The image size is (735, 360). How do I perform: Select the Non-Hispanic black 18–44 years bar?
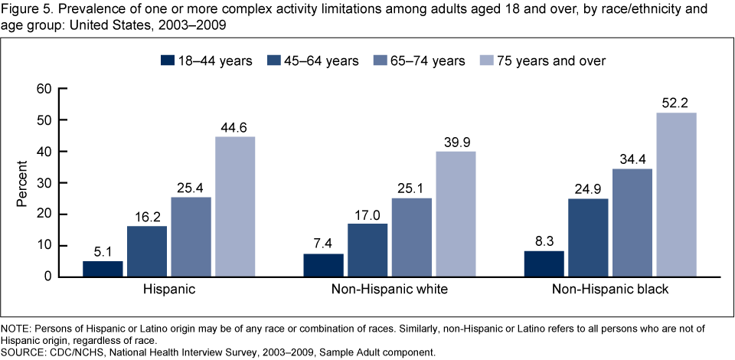point(544,263)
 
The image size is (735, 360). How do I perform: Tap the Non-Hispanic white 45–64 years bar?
point(367,250)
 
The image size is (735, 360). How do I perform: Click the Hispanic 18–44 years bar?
point(102,269)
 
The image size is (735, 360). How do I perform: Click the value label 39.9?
point(455,142)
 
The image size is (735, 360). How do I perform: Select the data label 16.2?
point(146,216)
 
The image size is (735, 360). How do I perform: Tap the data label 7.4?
point(323,244)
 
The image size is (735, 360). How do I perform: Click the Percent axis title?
point(22,183)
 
